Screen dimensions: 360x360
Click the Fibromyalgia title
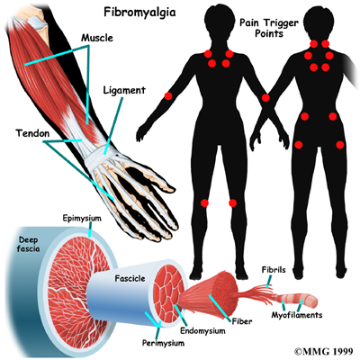139,13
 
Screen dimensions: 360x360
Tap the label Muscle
97,38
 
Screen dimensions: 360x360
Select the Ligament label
124,91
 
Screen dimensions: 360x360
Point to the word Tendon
32,133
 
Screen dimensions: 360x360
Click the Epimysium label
82,219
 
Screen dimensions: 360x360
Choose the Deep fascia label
28,244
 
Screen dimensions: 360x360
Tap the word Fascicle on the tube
130,279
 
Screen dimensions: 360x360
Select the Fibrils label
274,270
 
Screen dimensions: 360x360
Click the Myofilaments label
297,315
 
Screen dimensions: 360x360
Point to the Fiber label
242,321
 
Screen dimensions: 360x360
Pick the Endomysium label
202,331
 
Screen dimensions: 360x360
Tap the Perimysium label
164,343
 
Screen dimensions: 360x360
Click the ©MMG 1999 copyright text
325,351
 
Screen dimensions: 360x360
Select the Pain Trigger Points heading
269,28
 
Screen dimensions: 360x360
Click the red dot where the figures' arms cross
265,98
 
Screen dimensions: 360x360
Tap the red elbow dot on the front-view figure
168,96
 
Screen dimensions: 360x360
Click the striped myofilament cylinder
299,301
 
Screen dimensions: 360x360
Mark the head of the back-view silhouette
319,22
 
